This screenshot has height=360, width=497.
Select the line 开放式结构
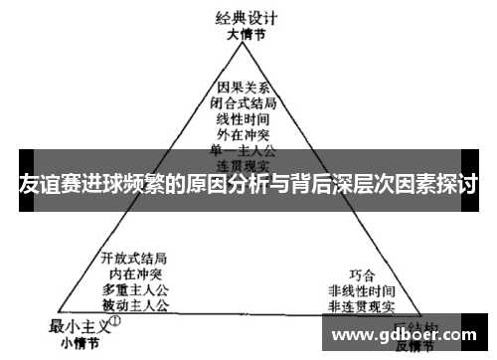134,258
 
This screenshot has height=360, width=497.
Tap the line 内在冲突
134,272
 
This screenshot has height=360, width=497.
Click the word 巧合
363,273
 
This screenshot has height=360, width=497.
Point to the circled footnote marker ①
115,322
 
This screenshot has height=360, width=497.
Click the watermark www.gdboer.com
408,335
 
